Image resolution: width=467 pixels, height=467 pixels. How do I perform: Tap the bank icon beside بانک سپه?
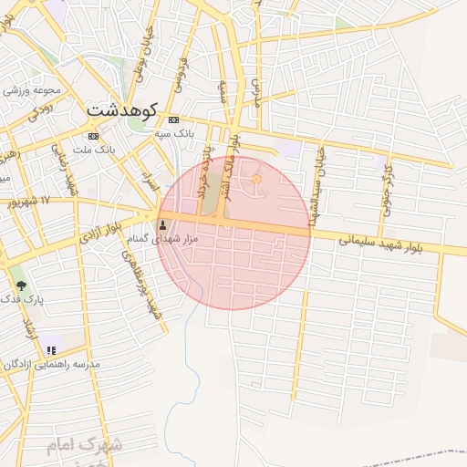click(x=174, y=119)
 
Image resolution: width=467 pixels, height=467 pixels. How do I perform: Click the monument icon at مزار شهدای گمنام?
click(x=163, y=223)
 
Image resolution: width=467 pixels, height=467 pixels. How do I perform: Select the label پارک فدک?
click(x=21, y=299)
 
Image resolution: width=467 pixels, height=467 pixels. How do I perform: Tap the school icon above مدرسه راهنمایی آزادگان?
click(x=51, y=349)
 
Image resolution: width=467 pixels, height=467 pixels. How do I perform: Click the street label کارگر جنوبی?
click(x=387, y=181)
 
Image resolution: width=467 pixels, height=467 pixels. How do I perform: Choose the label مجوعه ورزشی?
click(x=32, y=90)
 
